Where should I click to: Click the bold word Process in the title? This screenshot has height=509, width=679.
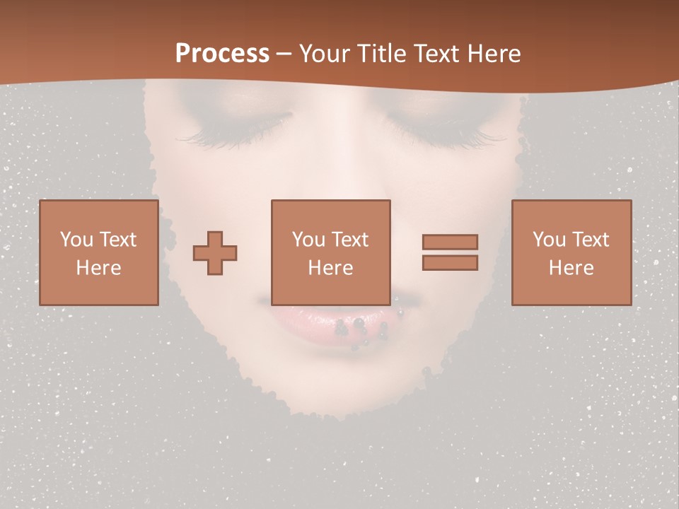click(x=222, y=53)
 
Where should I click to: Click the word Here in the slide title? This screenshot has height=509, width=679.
click(x=496, y=53)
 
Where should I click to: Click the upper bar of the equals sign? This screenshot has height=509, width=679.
click(x=450, y=242)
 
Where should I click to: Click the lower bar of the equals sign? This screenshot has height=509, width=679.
click(x=450, y=263)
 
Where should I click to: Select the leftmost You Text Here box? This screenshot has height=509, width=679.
click(x=98, y=252)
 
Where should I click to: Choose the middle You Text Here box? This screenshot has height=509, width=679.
click(x=330, y=252)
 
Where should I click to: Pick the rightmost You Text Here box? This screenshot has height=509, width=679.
click(x=571, y=252)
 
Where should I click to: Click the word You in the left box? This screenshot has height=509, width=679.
click(x=76, y=239)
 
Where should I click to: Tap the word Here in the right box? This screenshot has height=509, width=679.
click(x=571, y=267)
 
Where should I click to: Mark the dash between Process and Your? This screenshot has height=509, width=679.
click(x=284, y=54)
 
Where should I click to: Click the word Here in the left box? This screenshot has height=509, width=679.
click(x=98, y=267)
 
